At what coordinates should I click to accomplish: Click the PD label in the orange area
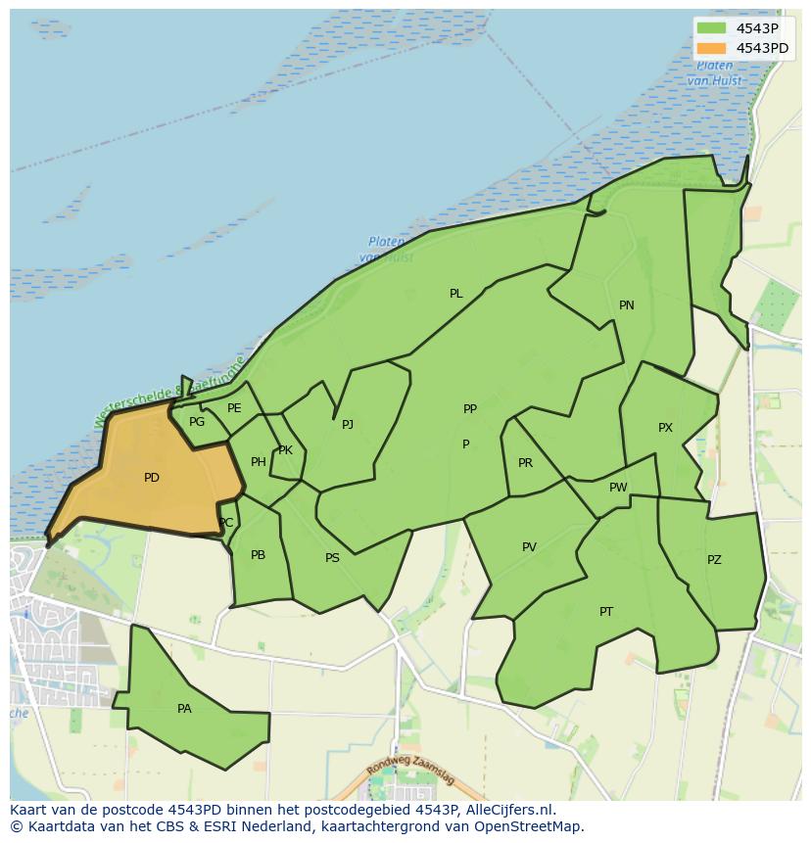click(x=152, y=478)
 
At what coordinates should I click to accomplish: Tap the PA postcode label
click(x=184, y=709)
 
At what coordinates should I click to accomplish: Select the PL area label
click(x=456, y=294)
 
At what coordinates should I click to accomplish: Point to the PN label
click(x=627, y=305)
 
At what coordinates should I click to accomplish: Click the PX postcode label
click(x=666, y=428)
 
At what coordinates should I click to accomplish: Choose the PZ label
click(x=714, y=560)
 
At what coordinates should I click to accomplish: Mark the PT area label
click(x=606, y=612)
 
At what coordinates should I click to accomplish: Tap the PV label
click(x=529, y=547)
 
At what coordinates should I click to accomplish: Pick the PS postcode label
click(x=332, y=558)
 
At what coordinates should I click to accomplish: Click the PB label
click(x=258, y=555)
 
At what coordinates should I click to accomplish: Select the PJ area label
click(x=348, y=425)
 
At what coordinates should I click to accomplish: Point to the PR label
click(x=526, y=463)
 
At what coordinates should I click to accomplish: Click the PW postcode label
click(x=618, y=488)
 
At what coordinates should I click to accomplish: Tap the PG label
click(x=197, y=422)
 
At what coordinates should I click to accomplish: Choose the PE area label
click(x=234, y=408)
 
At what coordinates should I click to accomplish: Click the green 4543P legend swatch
click(x=712, y=29)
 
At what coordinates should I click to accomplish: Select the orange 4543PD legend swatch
click(x=712, y=48)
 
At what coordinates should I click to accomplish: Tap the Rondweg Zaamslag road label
click(x=411, y=773)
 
